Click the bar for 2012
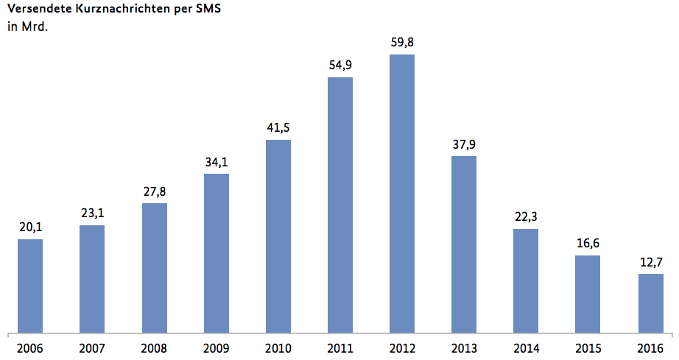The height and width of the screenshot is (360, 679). coord(401,193)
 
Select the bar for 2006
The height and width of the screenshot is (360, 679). coord(30,285)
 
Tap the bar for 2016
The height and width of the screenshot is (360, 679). coord(650,303)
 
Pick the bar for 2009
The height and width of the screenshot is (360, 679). coord(216,253)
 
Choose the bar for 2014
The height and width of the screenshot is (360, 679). coord(526,280)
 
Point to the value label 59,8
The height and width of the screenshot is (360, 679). coord(402,43)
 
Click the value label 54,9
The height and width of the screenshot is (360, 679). coord(340,66)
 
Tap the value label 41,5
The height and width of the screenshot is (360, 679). coord(278,128)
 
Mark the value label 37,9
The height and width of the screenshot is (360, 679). coord(464,144)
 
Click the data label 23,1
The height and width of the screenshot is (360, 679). coord(92,213)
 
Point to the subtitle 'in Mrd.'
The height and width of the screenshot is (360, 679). coord(22,28)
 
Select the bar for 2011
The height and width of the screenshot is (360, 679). coord(340,204)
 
